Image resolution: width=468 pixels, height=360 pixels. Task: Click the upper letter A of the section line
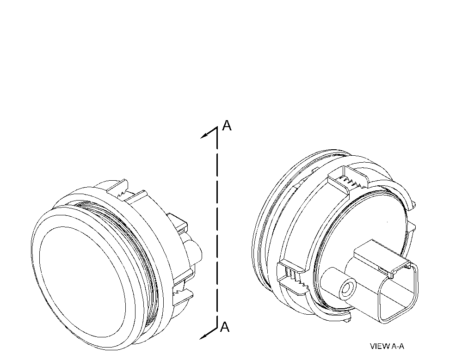(227, 126)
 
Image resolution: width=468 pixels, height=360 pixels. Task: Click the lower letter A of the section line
(224, 327)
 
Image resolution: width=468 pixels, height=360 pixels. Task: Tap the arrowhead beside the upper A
(204, 135)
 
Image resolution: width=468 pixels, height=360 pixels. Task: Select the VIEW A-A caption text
(387, 346)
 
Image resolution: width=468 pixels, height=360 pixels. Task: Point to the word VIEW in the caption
(380, 346)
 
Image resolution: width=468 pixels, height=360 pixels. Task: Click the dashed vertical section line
(217, 227)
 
